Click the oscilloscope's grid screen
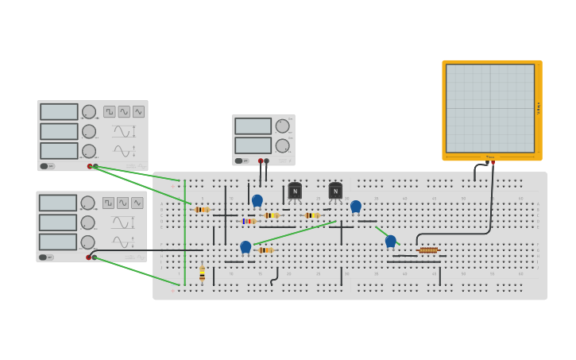[490, 108]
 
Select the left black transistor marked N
[295, 191]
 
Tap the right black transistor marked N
[335, 191]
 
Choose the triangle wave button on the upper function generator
[138, 112]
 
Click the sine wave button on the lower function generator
[122, 203]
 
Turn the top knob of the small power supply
[282, 126]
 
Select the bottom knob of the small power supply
[282, 145]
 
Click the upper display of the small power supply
[253, 126]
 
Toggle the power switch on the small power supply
[238, 161]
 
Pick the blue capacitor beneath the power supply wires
[257, 201]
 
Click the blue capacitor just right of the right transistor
[356, 207]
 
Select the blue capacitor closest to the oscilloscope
[390, 241]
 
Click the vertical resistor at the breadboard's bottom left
[202, 274]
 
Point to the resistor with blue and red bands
[249, 221]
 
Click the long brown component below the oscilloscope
[428, 250]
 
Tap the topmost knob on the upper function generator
[89, 112]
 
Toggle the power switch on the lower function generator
[44, 257]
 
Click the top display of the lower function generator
[58, 203]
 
